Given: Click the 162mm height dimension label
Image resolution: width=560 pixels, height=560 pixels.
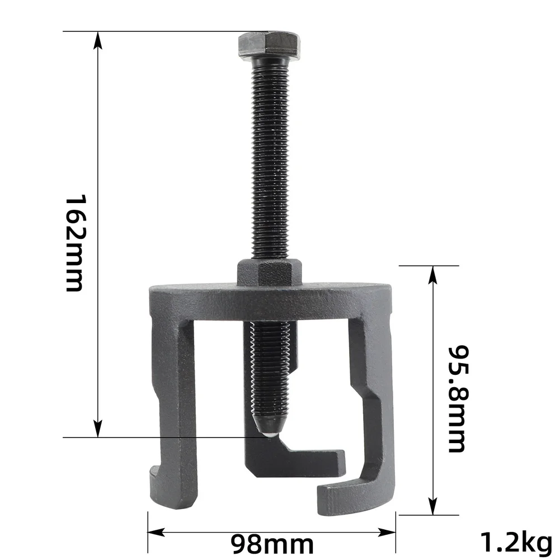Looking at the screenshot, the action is tap(74, 243).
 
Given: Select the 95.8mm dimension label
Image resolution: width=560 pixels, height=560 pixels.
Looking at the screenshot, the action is tap(458, 398).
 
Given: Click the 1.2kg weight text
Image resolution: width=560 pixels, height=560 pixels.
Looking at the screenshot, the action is tap(516, 542).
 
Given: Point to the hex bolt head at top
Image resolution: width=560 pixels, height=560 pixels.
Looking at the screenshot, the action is tap(269, 45).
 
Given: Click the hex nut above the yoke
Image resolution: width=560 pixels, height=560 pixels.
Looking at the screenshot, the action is tap(270, 272).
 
